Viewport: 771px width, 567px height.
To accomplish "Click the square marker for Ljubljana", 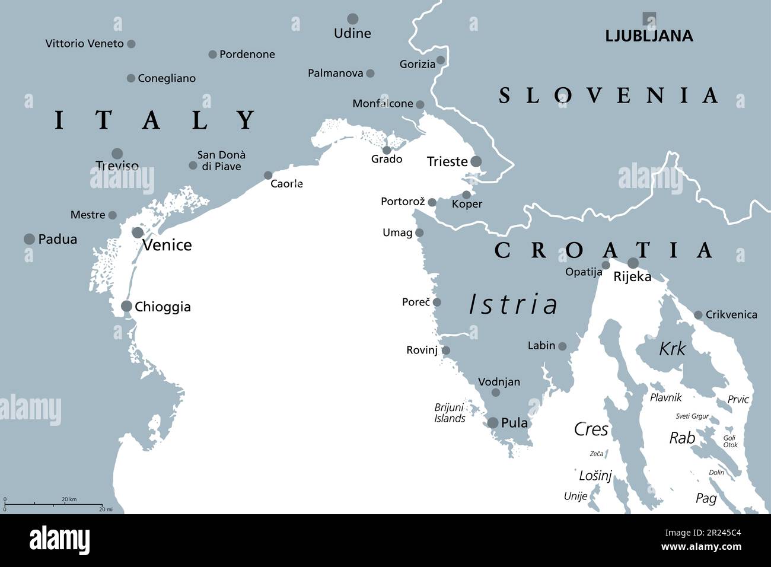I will click(x=649, y=19).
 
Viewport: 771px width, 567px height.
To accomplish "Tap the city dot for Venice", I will click(x=138, y=232).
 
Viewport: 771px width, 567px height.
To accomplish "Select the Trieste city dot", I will click(x=476, y=161).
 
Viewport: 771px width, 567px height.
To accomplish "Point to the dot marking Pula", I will click(x=492, y=423).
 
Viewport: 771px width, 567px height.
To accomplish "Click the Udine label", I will click(x=352, y=33).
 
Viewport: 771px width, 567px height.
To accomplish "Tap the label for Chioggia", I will click(x=163, y=307).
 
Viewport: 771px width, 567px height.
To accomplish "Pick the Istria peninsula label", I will click(x=514, y=304).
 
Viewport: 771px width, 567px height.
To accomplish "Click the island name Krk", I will click(x=672, y=349).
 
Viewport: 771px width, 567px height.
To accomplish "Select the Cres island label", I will click(x=591, y=429).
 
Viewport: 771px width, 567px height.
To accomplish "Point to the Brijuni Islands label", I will click(x=450, y=413).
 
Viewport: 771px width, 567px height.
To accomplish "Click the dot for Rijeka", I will click(x=633, y=263).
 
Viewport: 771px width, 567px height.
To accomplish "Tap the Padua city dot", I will click(x=29, y=239).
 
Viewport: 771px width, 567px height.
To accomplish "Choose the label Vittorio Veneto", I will click(x=84, y=43).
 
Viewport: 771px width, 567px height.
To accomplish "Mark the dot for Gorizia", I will click(x=441, y=60).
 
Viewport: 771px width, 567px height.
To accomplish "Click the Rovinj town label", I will click(x=422, y=350).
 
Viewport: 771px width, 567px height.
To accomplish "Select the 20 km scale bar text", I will click(x=69, y=499).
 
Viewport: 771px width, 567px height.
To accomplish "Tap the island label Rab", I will click(x=682, y=438).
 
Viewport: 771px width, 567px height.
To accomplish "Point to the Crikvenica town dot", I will click(x=698, y=315).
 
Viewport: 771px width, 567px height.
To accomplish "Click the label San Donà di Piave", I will click(x=221, y=161).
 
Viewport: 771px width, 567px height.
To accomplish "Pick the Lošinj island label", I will click(x=595, y=476).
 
